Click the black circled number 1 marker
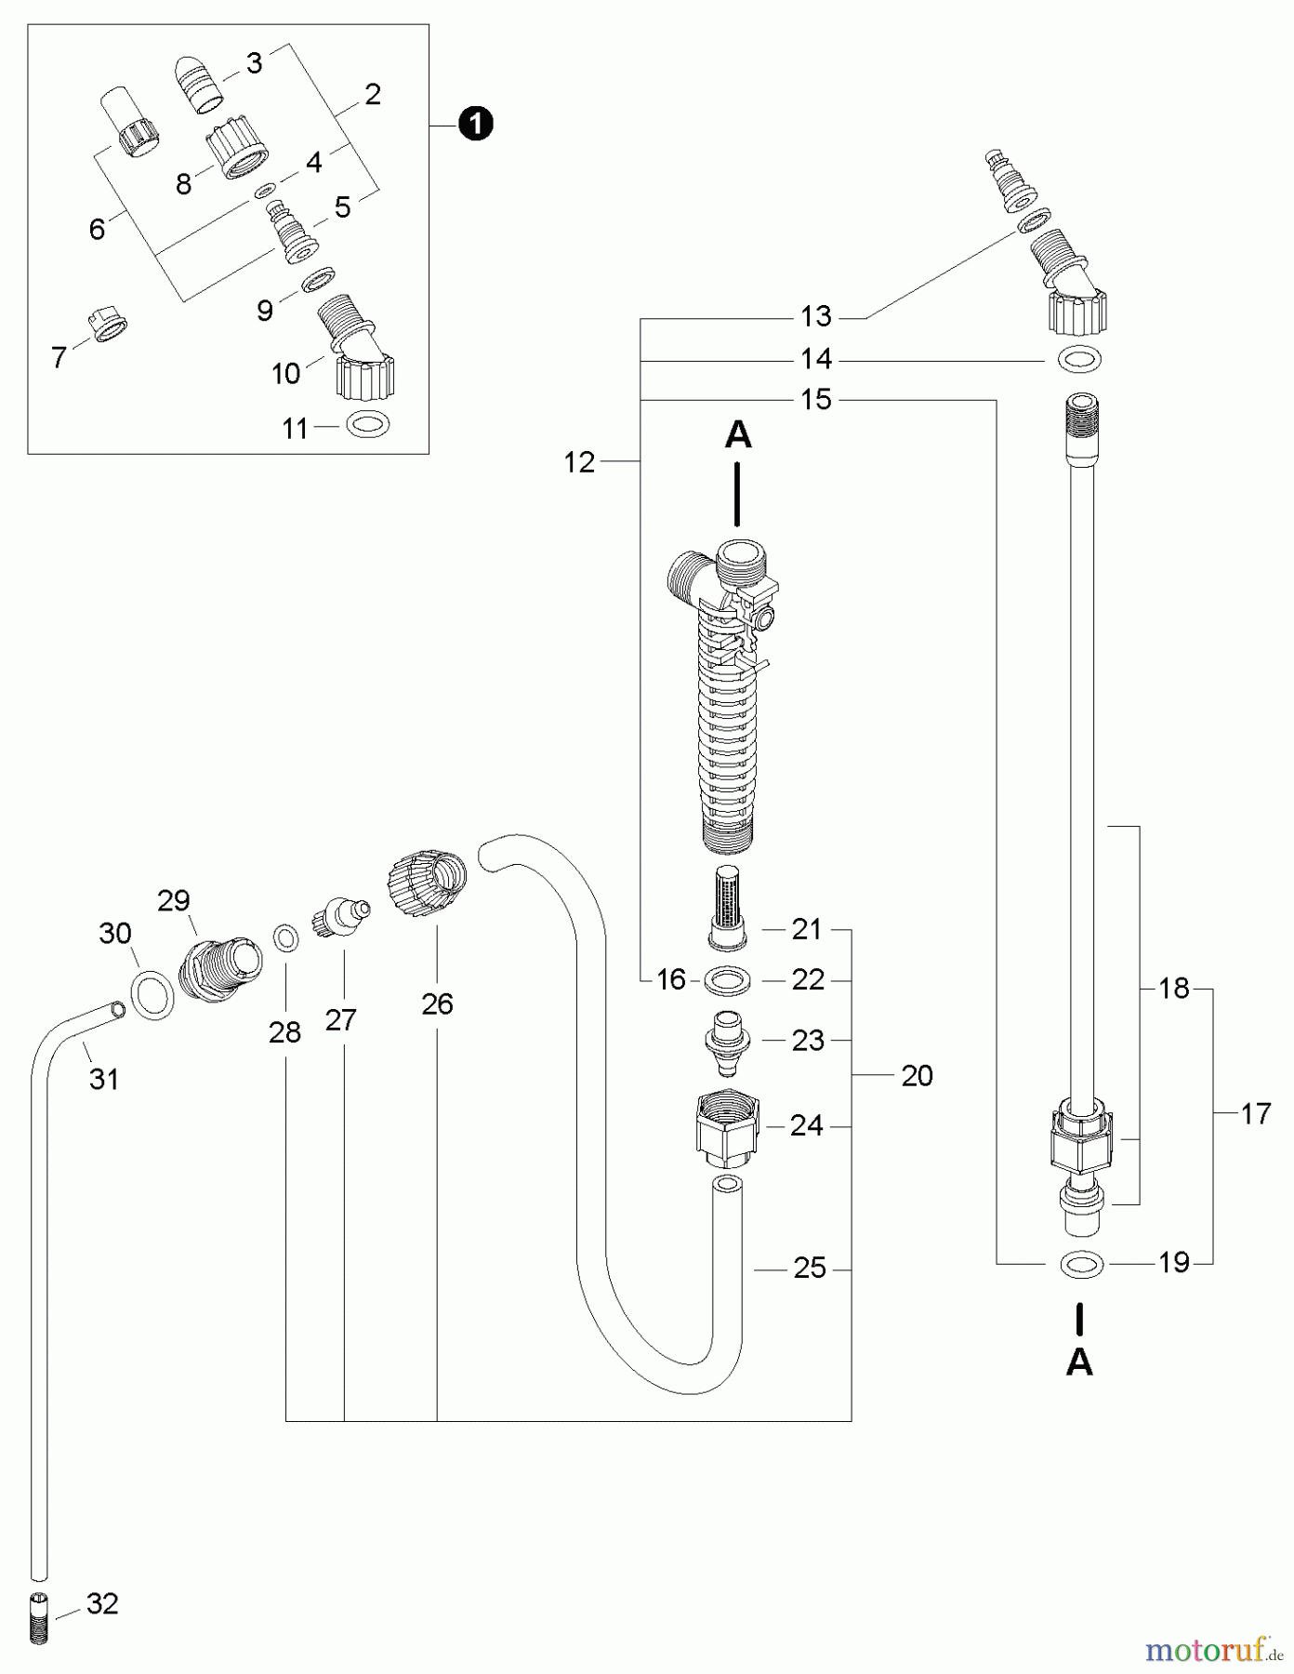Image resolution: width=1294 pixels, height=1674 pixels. [x=476, y=124]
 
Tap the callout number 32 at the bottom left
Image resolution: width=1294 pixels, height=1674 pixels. [x=102, y=1603]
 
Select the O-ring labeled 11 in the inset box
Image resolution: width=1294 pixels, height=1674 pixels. [x=368, y=425]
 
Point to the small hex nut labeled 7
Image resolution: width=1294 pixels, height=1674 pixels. [x=109, y=325]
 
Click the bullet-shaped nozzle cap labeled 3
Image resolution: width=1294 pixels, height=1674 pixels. [x=201, y=85]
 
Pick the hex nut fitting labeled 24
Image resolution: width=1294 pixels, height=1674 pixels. [x=728, y=1127]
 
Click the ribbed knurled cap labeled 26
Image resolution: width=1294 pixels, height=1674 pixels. [x=426, y=883]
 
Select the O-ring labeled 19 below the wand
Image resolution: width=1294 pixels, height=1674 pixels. [x=1082, y=1263]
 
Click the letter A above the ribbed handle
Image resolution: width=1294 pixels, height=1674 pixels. [x=738, y=434]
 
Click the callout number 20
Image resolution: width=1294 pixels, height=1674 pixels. [x=917, y=1075]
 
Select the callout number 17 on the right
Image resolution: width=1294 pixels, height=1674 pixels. [x=1255, y=1113]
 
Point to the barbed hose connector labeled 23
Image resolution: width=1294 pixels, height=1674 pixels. [x=730, y=1040]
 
